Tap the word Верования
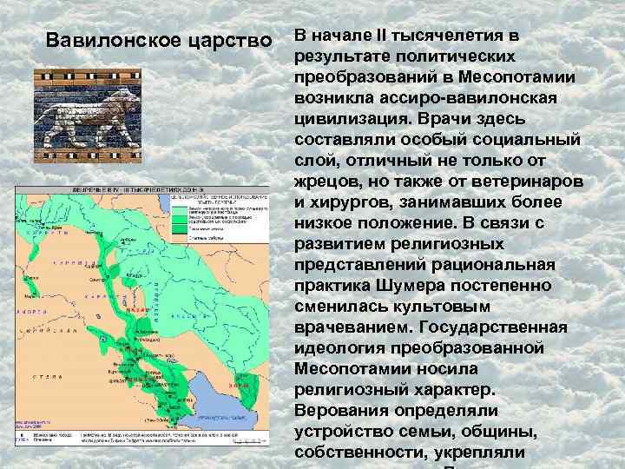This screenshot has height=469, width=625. (339, 410)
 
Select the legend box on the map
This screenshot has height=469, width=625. (214, 224)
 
